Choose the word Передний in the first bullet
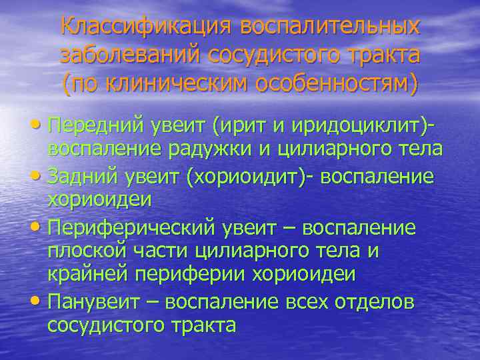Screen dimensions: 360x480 [x=92, y=125]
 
